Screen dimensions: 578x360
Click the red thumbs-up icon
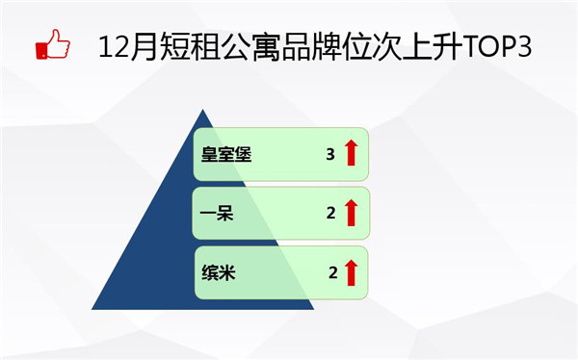coord(53,44)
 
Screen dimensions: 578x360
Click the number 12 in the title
coord(114,47)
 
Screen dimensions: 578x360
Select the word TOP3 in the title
coord(497,47)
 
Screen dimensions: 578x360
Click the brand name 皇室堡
coord(226,154)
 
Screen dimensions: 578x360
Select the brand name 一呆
coord(217,213)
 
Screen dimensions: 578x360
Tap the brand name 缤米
coord(219,273)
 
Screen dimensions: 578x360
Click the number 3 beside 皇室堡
coord(330,154)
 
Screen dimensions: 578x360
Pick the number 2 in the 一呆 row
coord(330,213)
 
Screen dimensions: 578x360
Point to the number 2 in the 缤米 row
coord(333,272)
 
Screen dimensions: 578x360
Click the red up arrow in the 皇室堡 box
coord(351,152)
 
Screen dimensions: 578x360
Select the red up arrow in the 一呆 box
coord(352,213)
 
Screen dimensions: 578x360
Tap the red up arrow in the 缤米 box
coord(352,272)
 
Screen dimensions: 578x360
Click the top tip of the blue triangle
coord(202,110)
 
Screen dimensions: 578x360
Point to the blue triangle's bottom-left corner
coord(92,309)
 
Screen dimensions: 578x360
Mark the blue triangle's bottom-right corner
coord(314,309)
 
